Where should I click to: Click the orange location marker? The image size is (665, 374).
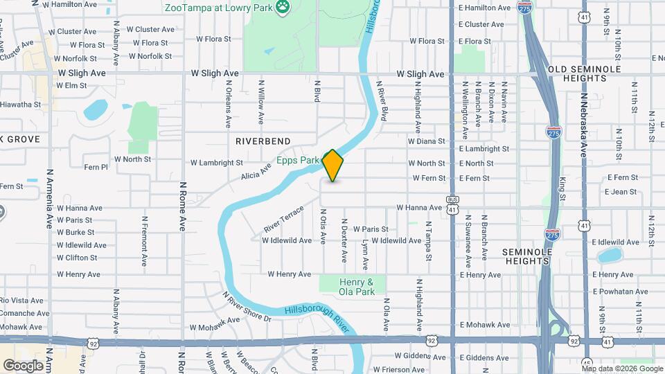333,166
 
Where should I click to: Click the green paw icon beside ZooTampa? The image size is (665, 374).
283,8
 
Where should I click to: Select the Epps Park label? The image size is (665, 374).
298,160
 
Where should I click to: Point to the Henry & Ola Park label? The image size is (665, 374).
357,287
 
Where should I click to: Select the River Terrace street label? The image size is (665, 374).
283,219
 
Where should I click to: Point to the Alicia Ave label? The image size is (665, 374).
256,170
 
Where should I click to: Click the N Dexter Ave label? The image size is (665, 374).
343,241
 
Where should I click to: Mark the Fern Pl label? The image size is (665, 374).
96,167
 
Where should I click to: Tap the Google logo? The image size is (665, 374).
23,365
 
